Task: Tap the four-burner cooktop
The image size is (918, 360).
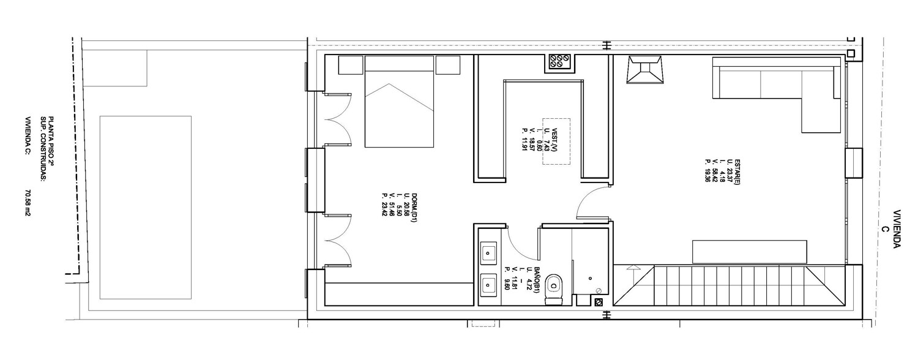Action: coord(560,64)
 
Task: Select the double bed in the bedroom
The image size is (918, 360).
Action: coord(399,102)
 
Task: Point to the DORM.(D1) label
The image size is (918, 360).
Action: coord(414,208)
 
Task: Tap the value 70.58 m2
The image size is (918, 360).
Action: coord(28,203)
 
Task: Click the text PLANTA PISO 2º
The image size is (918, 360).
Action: coord(51,141)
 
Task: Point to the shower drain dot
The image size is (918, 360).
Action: coord(590,279)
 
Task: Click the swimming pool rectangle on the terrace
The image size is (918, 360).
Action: coord(146,208)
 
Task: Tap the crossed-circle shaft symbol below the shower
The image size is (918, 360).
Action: coord(599,302)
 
